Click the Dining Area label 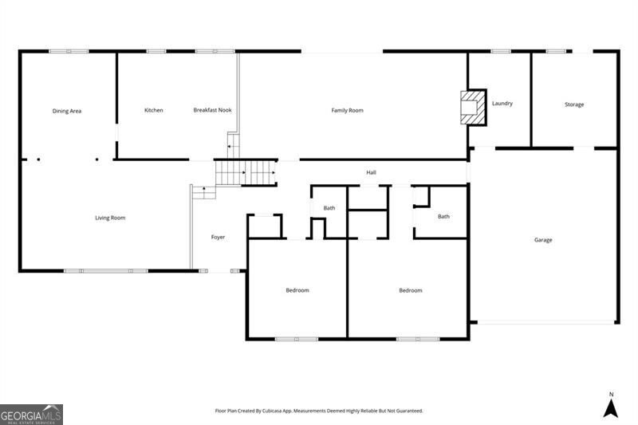(x=67, y=111)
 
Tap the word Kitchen (x=154, y=110)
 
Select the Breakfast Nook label (x=212, y=110)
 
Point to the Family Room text (x=347, y=110)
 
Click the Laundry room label (x=502, y=104)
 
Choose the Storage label (x=574, y=104)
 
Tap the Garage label (x=543, y=240)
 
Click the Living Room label (x=110, y=218)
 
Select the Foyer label (x=218, y=237)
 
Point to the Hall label (x=371, y=172)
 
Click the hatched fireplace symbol (x=473, y=108)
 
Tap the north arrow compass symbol (x=611, y=408)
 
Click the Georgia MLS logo (x=31, y=415)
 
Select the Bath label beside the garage (x=443, y=216)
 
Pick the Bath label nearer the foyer (x=329, y=208)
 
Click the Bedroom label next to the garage (x=411, y=290)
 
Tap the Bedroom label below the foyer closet (x=297, y=290)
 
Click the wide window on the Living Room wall (x=106, y=271)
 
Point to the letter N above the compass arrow (x=611, y=394)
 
